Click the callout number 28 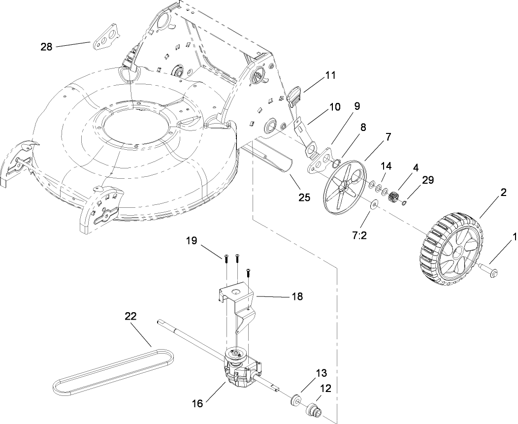coord(46,47)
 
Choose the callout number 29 coord(427,180)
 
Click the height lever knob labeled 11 coord(295,94)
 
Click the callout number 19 coord(192,241)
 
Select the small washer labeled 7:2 coord(373,203)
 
